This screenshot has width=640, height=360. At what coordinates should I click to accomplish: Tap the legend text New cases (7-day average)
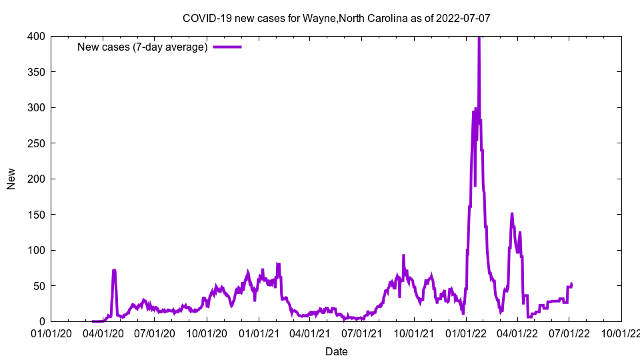[142, 47]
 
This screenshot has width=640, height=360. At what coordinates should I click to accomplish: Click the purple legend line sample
[227, 47]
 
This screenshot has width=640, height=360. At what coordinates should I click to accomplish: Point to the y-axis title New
[11, 179]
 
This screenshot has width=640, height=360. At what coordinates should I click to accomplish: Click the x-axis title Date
[337, 351]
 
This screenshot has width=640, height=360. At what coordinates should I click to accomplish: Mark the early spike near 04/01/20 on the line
[115, 270]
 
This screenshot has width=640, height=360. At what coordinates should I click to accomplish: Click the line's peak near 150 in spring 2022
[511, 213]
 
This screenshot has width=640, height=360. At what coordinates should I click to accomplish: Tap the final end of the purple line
[571, 283]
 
